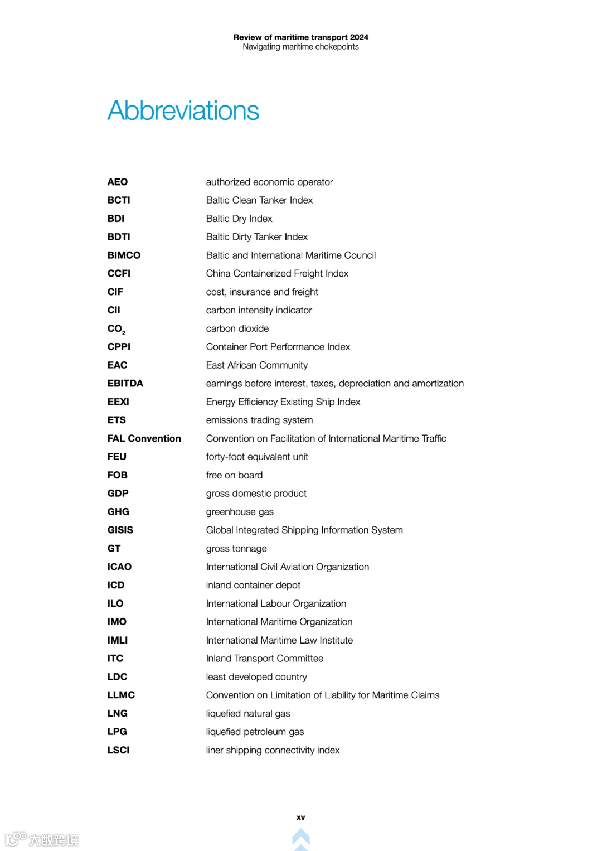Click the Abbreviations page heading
click(183, 110)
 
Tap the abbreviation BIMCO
click(124, 255)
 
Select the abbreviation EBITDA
click(125, 383)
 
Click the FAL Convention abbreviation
click(144, 438)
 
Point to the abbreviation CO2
click(116, 329)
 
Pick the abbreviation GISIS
click(120, 530)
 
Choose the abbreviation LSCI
click(118, 750)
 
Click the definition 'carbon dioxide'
click(237, 328)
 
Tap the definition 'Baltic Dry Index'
click(239, 219)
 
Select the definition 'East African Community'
click(256, 365)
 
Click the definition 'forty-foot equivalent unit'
click(256, 457)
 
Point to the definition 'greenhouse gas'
click(240, 512)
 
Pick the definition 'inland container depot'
click(253, 585)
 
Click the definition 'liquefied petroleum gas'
click(255, 732)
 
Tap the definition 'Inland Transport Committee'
click(264, 659)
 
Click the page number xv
click(300, 818)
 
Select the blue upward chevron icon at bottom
click(300, 838)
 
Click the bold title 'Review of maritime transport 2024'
click(300, 37)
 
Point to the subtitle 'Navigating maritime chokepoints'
click(300, 47)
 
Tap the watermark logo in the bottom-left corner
click(42, 839)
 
